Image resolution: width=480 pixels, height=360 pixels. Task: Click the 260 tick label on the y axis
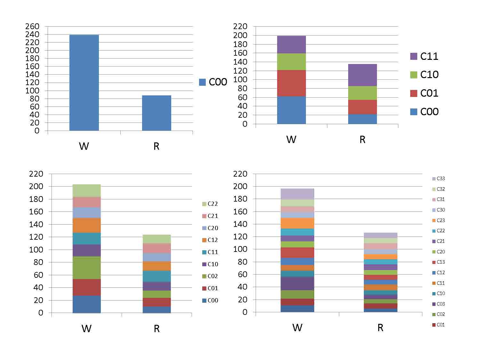(32, 26)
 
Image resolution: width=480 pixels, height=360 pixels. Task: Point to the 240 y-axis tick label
(32, 34)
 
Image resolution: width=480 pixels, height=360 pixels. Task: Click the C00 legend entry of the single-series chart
(213, 82)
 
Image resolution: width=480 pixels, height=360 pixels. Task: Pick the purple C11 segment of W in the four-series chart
(291, 44)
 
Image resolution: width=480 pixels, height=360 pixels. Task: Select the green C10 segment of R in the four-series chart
(362, 93)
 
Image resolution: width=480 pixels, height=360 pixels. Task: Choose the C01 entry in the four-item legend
(424, 93)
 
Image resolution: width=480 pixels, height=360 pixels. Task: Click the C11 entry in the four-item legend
(424, 56)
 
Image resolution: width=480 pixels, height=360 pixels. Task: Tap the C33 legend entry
(438, 179)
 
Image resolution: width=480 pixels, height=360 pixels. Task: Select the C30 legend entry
(438, 210)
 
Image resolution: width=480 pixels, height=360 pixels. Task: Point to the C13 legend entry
(438, 262)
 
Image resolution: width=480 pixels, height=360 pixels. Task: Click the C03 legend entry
(438, 304)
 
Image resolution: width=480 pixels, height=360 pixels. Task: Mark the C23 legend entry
(438, 220)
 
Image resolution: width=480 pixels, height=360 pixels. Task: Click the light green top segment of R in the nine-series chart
(156, 239)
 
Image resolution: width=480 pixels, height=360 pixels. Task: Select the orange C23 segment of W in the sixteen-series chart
(297, 223)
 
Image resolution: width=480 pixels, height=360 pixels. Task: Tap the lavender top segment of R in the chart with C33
(380, 235)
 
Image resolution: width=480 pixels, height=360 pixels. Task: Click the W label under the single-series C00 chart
(84, 147)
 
